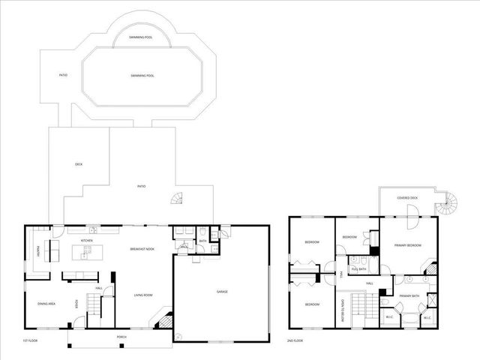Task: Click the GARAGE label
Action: pyautogui.click(x=222, y=291)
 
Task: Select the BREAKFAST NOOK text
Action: pyautogui.click(x=142, y=248)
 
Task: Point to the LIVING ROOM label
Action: pyautogui.click(x=143, y=295)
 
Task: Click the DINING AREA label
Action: pyautogui.click(x=47, y=303)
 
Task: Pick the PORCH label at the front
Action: pyautogui.click(x=121, y=337)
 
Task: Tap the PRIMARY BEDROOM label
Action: pyautogui.click(x=408, y=245)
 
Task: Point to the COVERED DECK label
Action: pyautogui.click(x=407, y=197)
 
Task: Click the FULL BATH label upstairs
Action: pyautogui.click(x=358, y=268)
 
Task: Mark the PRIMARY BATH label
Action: pyautogui.click(x=409, y=295)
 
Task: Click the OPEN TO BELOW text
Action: pyautogui.click(x=343, y=308)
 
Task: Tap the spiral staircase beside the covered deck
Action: pyautogui.click(x=449, y=201)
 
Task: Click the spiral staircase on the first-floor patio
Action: pyautogui.click(x=177, y=199)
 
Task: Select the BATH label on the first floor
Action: pyautogui.click(x=202, y=241)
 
